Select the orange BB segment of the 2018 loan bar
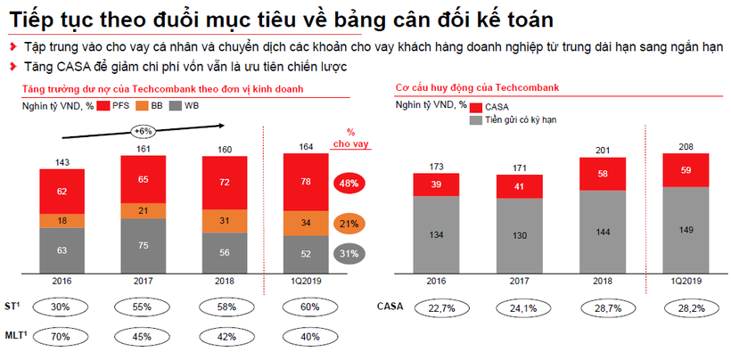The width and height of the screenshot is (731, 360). pos(226,220)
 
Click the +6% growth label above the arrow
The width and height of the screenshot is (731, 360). pos(143,131)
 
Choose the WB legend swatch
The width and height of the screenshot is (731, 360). pos(188,105)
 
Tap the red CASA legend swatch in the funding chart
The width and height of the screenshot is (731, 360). pos(474,107)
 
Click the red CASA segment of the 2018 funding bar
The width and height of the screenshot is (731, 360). pos(604,174)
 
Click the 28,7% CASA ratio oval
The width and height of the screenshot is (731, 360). pos(604,308)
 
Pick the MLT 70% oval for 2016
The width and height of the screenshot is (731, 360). pos(62,336)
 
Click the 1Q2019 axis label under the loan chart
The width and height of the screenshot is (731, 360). pos(306,280)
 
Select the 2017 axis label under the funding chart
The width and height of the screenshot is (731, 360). pos(519,280)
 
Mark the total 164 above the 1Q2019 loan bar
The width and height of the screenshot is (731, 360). pos(306,147)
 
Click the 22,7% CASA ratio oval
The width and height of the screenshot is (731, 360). pos(435,308)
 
